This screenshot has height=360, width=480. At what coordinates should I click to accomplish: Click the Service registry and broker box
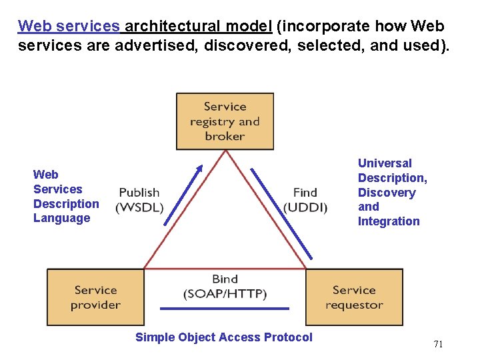[225, 121]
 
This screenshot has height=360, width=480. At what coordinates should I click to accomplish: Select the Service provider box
[95, 297]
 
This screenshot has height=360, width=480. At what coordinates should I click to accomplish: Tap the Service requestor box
[354, 297]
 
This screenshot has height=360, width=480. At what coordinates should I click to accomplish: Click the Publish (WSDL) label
[139, 200]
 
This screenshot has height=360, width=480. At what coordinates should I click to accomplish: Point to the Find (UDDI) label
[305, 200]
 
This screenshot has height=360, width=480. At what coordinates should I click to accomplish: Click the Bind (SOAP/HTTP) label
[225, 287]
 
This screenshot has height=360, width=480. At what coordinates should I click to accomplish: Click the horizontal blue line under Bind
[225, 309]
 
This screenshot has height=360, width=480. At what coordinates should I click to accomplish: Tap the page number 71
[438, 344]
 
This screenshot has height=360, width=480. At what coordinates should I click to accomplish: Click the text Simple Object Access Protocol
[223, 337]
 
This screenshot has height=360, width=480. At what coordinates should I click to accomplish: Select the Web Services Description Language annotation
[65, 196]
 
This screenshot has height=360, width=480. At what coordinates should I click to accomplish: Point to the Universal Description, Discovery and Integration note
[392, 192]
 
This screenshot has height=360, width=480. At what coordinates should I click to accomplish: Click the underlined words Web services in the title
[69, 27]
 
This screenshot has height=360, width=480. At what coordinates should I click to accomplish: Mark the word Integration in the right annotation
[389, 221]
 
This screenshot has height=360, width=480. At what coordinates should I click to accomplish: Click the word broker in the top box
[225, 136]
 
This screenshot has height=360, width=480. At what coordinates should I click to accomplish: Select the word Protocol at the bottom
[287, 337]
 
